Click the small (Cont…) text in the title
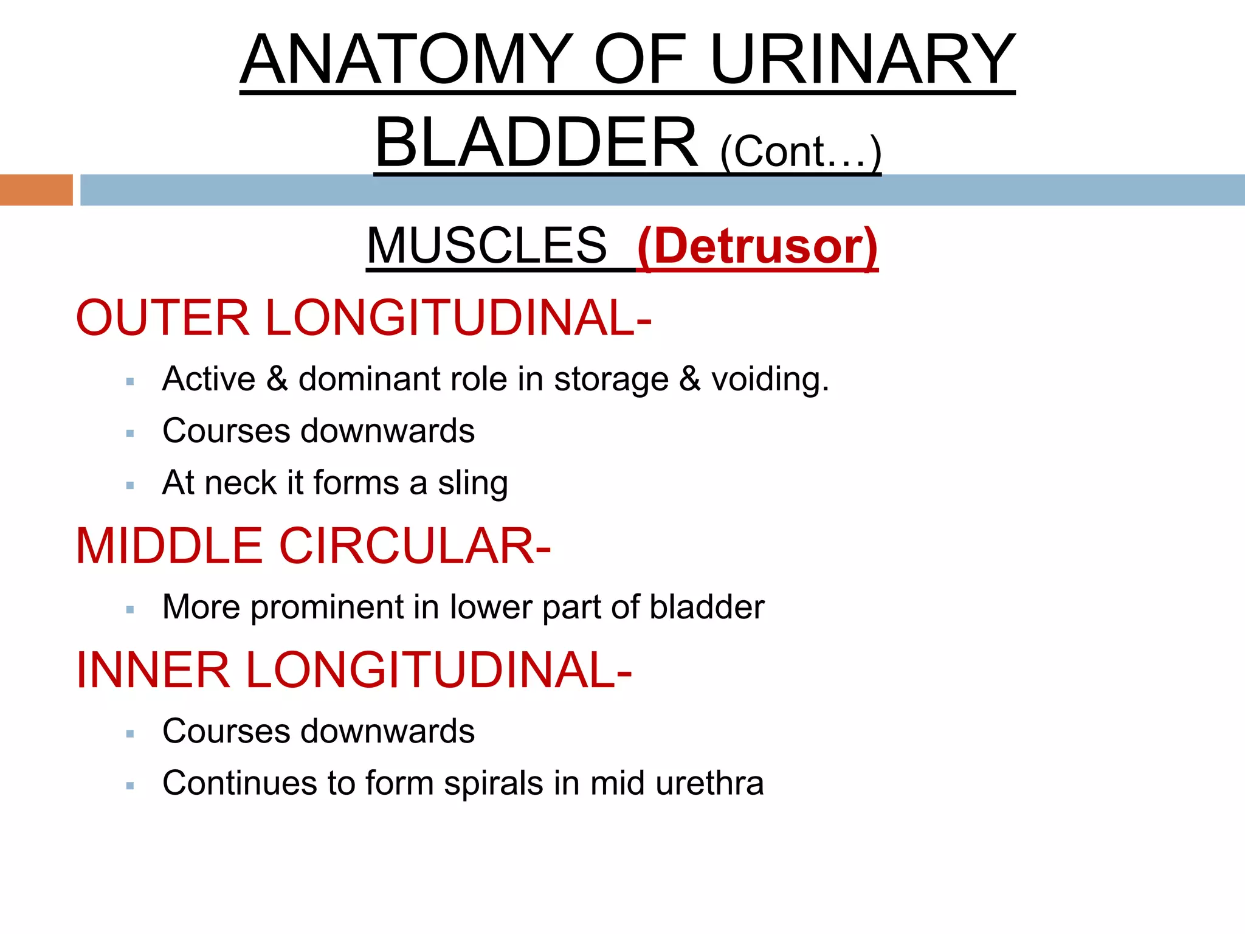800,151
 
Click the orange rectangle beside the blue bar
36,190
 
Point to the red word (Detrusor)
757,246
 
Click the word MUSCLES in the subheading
486,246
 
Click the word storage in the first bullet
611,379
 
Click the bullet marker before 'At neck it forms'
129,485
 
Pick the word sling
473,483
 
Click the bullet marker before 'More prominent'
129,609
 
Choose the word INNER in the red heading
153,670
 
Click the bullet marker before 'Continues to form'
129,786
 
